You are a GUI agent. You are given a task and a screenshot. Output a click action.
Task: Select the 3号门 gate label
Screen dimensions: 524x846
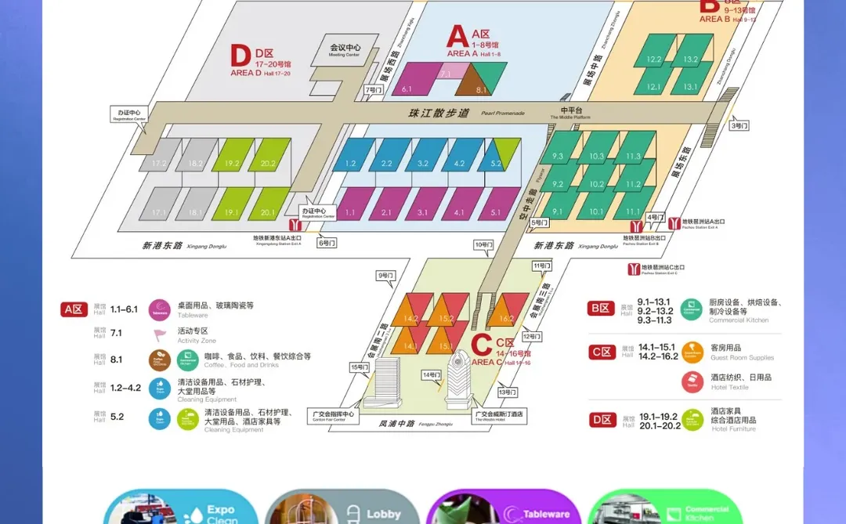click(739, 125)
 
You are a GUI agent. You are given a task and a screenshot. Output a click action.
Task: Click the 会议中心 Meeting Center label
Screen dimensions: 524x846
click(345, 49)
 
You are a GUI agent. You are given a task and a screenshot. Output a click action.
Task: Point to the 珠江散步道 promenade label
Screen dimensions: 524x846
click(439, 113)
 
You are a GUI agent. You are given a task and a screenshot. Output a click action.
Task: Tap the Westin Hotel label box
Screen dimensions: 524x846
click(499, 416)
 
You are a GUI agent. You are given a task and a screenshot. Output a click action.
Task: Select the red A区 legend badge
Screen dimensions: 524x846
click(74, 309)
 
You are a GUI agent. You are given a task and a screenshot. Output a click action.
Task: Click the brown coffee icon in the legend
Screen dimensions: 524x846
click(159, 360)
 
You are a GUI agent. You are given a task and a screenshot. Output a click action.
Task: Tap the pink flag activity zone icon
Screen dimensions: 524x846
click(160, 334)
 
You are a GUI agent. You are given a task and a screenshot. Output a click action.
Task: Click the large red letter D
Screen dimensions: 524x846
click(240, 56)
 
